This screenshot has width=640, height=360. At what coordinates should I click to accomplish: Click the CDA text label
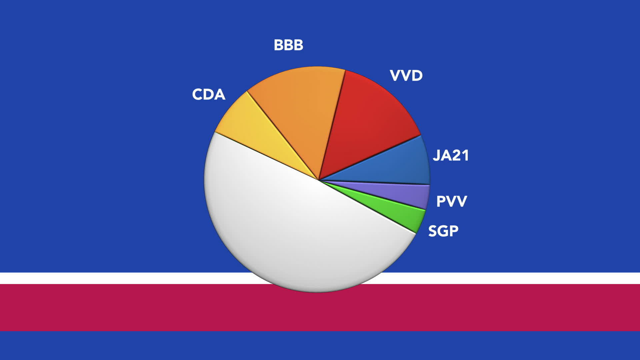[x=209, y=94]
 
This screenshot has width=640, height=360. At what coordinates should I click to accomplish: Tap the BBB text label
[x=288, y=45]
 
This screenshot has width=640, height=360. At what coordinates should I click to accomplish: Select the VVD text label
[x=406, y=76]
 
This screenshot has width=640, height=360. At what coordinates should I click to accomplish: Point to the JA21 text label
[x=451, y=156]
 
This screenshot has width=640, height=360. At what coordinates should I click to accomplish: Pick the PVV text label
[x=452, y=201]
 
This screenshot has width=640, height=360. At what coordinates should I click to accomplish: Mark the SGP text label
[x=443, y=231]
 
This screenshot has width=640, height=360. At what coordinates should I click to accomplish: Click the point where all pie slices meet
[x=319, y=180]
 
